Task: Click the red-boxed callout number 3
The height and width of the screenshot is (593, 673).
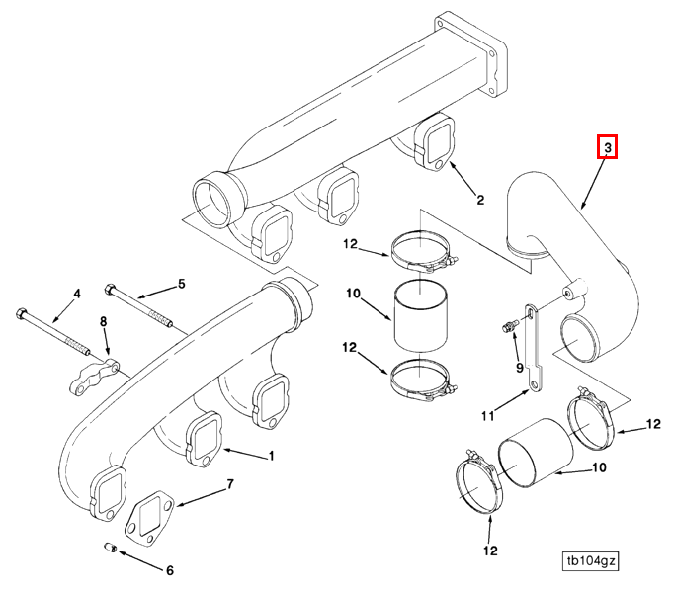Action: (607, 147)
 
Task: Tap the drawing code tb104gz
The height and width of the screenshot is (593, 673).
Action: (591, 560)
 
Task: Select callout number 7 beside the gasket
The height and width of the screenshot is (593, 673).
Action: (230, 484)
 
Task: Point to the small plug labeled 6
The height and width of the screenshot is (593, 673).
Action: (111, 548)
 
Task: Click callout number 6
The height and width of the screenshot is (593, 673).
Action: (170, 570)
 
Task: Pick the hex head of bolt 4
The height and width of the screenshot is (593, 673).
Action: (21, 313)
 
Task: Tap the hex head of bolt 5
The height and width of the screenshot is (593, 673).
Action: (110, 289)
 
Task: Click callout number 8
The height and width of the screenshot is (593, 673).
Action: (104, 321)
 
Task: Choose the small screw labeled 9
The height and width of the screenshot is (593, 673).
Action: (508, 327)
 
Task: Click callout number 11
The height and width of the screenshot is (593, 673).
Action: (487, 416)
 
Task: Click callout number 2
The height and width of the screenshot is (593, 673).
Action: (480, 200)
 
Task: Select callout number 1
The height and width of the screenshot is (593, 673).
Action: (271, 456)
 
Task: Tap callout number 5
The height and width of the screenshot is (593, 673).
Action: (182, 284)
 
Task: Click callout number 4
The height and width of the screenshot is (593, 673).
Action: (77, 294)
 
